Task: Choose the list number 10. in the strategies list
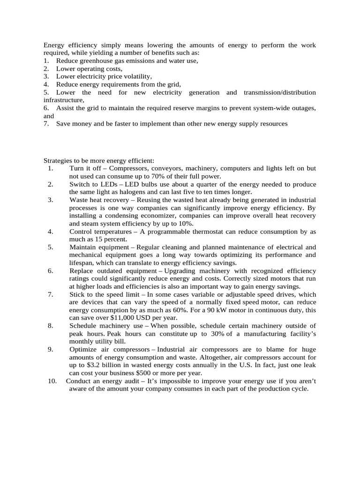pos(52,382)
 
